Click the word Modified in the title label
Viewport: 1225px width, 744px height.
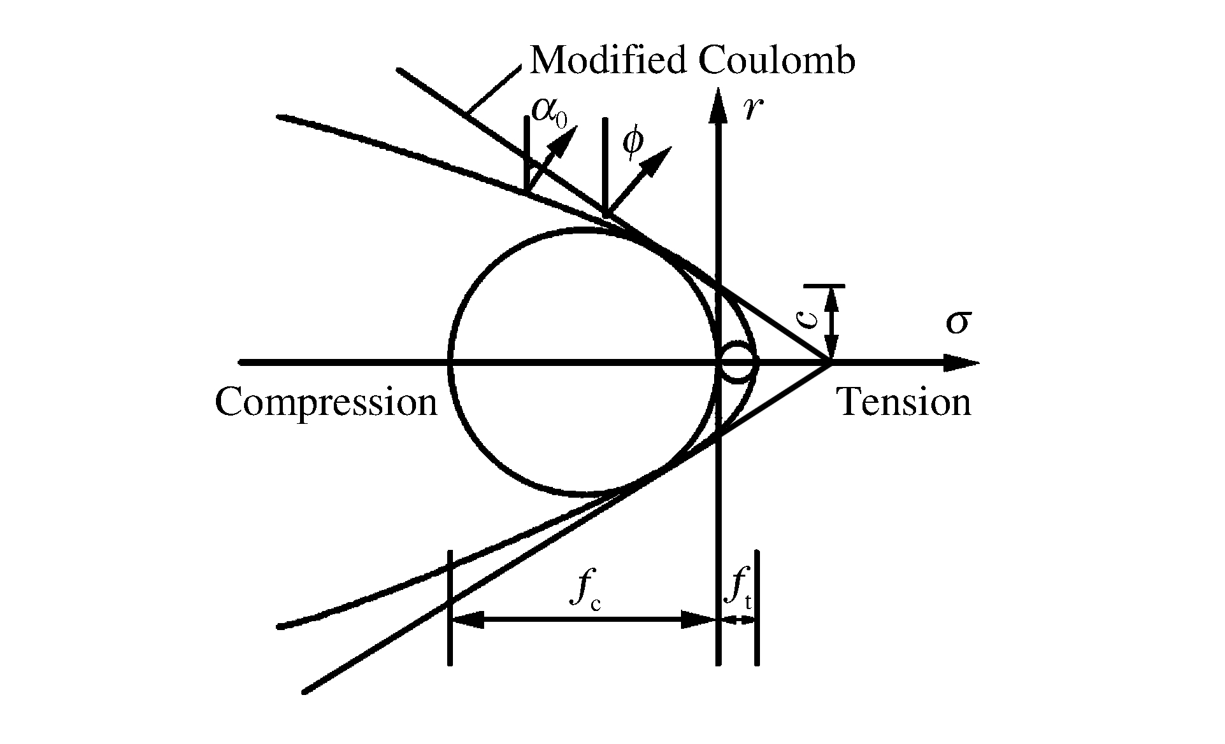pos(609,61)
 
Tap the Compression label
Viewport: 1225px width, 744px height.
pos(326,402)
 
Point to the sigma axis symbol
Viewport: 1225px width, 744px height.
pos(957,323)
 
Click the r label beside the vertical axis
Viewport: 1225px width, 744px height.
pos(752,109)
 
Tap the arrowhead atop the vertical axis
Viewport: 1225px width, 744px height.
pos(719,105)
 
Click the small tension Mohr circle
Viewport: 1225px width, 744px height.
pos(738,363)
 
